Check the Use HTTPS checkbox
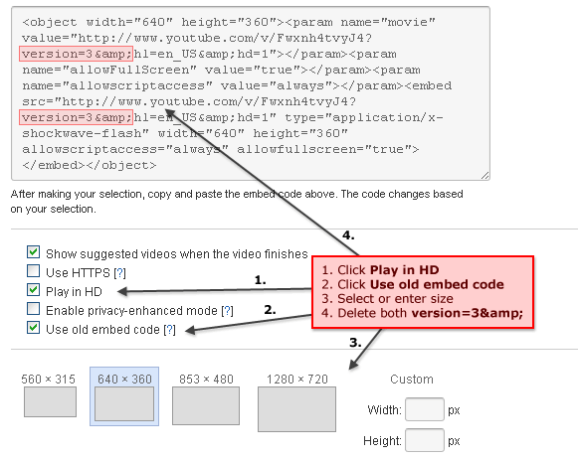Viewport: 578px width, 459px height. (33, 271)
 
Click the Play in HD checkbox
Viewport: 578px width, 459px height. (33, 290)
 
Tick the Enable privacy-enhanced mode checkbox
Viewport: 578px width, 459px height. (33, 309)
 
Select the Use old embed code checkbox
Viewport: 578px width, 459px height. (33, 328)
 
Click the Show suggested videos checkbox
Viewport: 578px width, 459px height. (33, 252)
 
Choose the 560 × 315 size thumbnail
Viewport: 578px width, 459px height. (50, 401)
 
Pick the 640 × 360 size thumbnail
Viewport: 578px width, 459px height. (124, 403)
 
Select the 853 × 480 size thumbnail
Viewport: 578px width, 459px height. (206, 405)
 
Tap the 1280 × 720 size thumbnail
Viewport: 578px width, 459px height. (296, 409)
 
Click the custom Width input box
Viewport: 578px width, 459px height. (424, 409)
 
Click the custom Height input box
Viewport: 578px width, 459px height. (424, 440)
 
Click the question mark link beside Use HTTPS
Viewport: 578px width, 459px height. (119, 273)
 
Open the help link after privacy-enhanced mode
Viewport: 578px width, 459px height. (227, 311)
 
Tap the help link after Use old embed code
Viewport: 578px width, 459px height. (169, 330)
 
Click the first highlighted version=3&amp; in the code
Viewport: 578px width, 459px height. (76, 54)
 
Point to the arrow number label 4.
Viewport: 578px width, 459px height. (348, 235)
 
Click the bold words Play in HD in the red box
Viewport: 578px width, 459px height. (404, 270)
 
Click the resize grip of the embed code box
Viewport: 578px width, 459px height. (485, 176)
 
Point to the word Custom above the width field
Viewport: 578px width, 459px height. (412, 380)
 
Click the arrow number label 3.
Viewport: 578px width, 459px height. (355, 343)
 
